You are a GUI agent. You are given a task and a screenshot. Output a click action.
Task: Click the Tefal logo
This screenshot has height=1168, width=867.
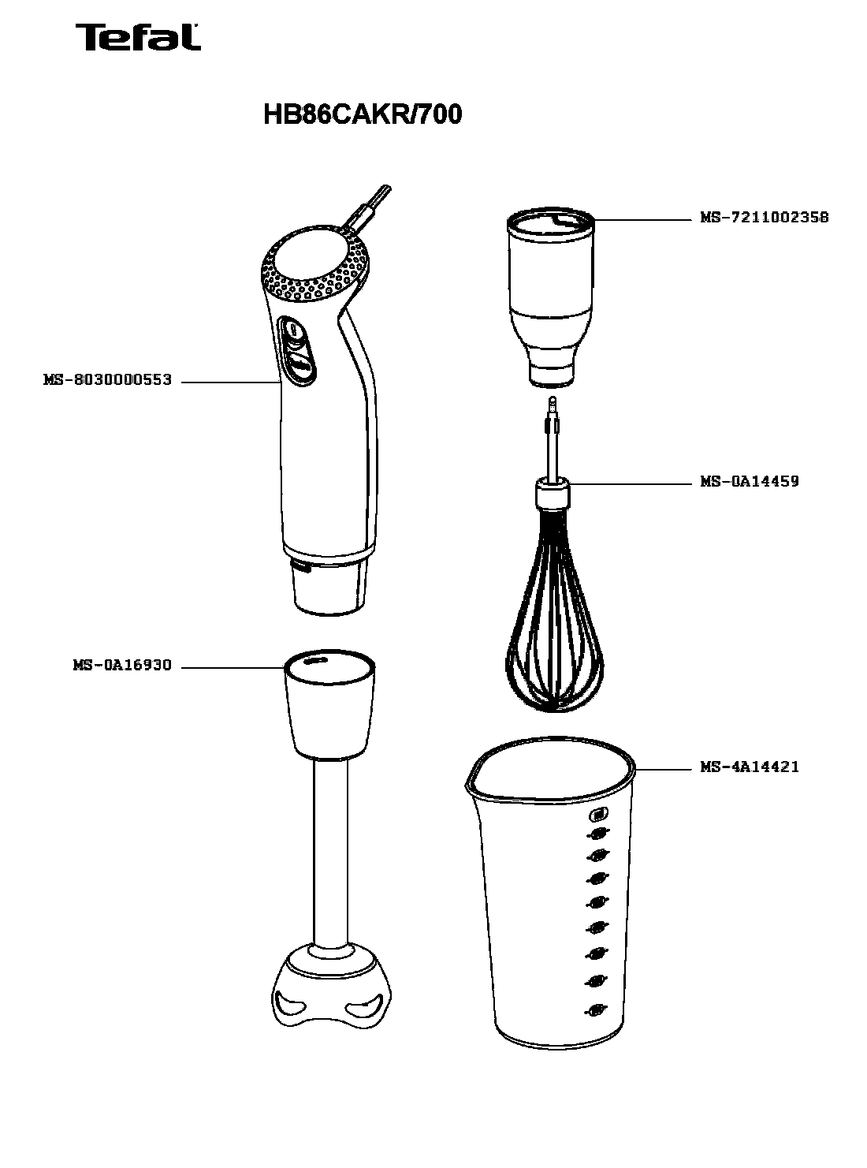click(x=138, y=37)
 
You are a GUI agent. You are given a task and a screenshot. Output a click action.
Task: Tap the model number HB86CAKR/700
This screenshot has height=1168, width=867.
click(x=363, y=114)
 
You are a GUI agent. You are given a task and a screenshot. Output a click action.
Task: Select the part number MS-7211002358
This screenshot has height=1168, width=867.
click(x=764, y=217)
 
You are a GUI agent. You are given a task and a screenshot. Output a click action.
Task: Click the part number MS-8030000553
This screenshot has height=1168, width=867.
click(x=107, y=379)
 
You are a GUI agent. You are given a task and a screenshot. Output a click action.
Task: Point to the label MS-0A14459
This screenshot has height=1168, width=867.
click(x=749, y=481)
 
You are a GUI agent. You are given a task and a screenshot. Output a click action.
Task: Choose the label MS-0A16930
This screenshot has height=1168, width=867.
click(x=122, y=665)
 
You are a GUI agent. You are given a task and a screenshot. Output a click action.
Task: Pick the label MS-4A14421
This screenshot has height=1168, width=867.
click(x=749, y=767)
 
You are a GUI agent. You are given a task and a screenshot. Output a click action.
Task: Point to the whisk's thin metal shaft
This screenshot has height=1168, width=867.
click(x=553, y=440)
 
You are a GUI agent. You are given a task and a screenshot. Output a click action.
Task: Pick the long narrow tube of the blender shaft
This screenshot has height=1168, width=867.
click(x=330, y=850)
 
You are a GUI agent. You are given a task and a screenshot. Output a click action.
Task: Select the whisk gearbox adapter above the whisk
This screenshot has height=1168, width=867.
click(x=551, y=297)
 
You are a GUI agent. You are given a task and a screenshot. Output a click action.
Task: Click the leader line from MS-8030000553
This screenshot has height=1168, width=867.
click(x=230, y=382)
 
